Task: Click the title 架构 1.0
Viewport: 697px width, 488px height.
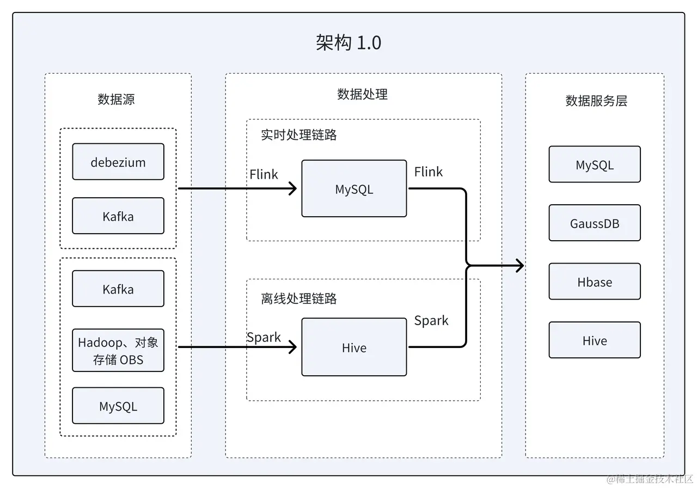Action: (348, 42)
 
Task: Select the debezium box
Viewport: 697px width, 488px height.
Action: (118, 162)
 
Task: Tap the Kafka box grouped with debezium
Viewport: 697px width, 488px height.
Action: (118, 216)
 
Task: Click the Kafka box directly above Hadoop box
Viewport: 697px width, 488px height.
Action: (118, 289)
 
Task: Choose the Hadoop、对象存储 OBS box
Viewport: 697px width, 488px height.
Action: (118, 351)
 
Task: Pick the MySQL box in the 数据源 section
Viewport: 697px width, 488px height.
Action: (118, 406)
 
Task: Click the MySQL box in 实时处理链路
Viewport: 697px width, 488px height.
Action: (354, 189)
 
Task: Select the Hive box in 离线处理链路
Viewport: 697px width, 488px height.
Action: (354, 347)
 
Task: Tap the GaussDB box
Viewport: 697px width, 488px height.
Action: (595, 223)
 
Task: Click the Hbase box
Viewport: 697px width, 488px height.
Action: (595, 282)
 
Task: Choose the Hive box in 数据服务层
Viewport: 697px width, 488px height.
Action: (595, 340)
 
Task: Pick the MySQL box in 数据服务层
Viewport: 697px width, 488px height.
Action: (595, 164)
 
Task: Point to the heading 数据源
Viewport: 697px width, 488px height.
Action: (116, 99)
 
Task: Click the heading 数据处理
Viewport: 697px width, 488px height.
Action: (362, 94)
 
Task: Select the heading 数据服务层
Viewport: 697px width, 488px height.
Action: (596, 101)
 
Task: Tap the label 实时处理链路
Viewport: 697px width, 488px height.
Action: (298, 135)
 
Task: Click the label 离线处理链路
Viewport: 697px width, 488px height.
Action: (298, 298)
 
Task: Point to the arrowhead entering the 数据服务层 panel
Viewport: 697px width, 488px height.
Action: (519, 266)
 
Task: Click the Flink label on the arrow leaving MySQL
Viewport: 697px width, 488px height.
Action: (428, 172)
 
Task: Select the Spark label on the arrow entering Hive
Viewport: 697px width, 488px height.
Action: (264, 337)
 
